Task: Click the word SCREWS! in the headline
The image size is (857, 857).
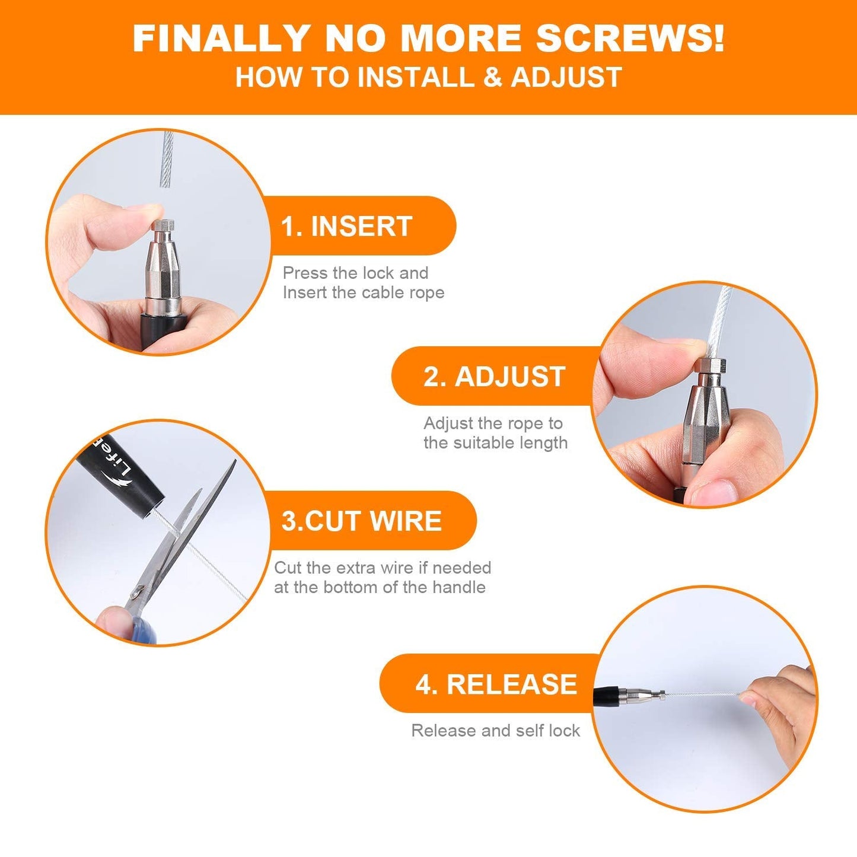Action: (x=630, y=39)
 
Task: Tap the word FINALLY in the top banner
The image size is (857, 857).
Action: (x=221, y=39)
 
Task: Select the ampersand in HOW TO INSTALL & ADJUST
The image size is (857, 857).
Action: (x=492, y=78)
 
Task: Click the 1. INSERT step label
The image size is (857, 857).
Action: (x=346, y=227)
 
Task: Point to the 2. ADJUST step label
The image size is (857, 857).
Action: (x=493, y=377)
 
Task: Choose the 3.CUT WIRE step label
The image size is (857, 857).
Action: (x=361, y=521)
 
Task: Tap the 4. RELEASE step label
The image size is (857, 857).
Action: (x=496, y=684)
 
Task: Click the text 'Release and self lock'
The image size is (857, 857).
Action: (x=495, y=731)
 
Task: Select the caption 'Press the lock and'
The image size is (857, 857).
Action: (x=355, y=273)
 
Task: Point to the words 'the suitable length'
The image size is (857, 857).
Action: (x=495, y=443)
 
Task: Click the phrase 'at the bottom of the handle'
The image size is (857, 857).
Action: (x=380, y=587)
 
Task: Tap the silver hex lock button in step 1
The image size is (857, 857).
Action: (x=162, y=226)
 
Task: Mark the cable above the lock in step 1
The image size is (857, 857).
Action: (x=167, y=160)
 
